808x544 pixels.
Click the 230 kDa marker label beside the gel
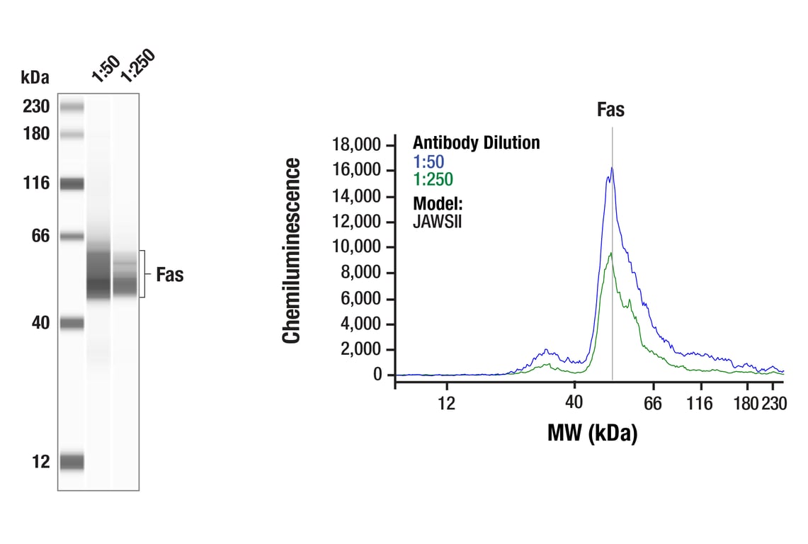pyautogui.click(x=35, y=107)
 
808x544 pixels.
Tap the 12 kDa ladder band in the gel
pyautogui.click(x=72, y=462)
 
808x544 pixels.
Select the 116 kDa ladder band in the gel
pyautogui.click(x=72, y=184)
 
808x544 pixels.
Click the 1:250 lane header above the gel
pyautogui.click(x=137, y=67)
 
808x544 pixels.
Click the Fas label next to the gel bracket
pyautogui.click(x=169, y=275)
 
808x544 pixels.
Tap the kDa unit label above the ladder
pyautogui.click(x=35, y=76)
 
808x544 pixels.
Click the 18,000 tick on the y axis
pyautogui.click(x=356, y=145)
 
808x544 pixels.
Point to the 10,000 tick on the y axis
pyautogui.click(x=356, y=247)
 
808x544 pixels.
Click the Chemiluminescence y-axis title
pyautogui.click(x=292, y=251)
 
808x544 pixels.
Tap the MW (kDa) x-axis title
pyautogui.click(x=592, y=432)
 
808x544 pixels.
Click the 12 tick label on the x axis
pyautogui.click(x=446, y=403)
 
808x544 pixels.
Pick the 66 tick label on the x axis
pyautogui.click(x=652, y=403)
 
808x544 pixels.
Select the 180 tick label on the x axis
pyautogui.click(x=746, y=403)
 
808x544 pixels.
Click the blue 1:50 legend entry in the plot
pyautogui.click(x=428, y=161)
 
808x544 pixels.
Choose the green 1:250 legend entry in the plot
pyautogui.click(x=433, y=179)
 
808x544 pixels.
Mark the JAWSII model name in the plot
pyautogui.click(x=438, y=221)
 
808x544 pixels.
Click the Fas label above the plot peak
pyautogui.click(x=610, y=110)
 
